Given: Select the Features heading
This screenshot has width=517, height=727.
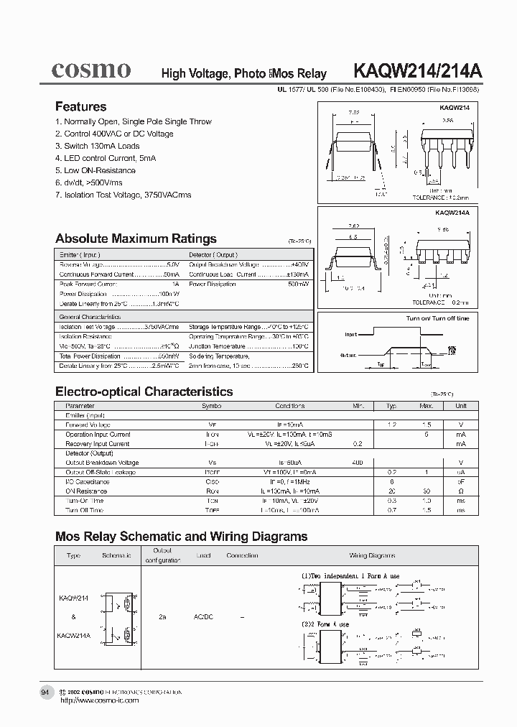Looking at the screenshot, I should pyautogui.click(x=80, y=106).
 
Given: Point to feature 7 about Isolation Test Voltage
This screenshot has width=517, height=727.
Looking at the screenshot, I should pyautogui.click(x=123, y=195).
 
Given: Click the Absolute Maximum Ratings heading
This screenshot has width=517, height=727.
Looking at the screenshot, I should pyautogui.click(x=136, y=239).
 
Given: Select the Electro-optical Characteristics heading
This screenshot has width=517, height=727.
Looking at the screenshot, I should pyautogui.click(x=144, y=392).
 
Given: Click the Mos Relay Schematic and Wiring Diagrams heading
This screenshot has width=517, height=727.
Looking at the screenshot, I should pyautogui.click(x=181, y=536).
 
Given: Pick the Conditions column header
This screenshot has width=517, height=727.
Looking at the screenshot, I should pyautogui.click(x=289, y=406).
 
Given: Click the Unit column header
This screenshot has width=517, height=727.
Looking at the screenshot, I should pyautogui.click(x=460, y=406).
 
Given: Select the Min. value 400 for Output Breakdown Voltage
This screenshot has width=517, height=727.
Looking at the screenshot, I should pyautogui.click(x=358, y=463).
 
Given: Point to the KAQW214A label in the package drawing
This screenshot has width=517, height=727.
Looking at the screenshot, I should pyautogui.click(x=451, y=213).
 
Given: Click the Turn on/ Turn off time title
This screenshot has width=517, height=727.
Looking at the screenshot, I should pyautogui.click(x=437, y=318).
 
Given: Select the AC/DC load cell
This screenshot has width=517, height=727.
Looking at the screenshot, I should pyautogui.click(x=204, y=616).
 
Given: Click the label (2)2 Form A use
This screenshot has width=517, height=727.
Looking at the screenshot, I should pyautogui.click(x=325, y=624).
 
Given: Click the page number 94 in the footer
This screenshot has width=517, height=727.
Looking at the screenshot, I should pyautogui.click(x=45, y=692).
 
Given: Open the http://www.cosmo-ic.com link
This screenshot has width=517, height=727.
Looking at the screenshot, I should pyautogui.click(x=99, y=700).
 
